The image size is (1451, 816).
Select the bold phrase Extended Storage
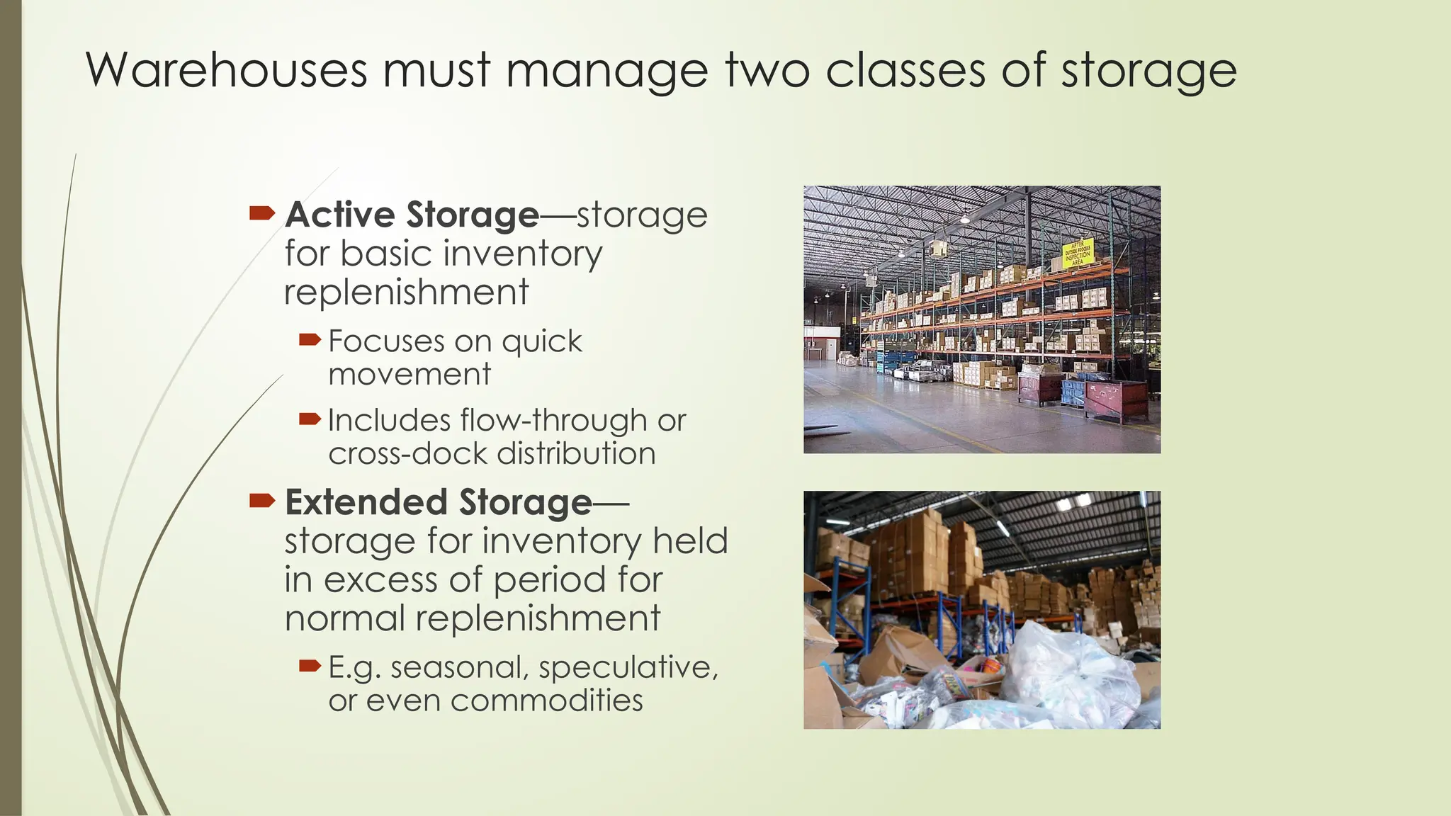click(x=439, y=502)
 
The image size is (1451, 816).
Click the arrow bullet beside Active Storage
click(x=262, y=212)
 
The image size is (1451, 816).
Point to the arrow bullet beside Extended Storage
click(x=262, y=501)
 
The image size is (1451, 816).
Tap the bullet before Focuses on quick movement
click(x=310, y=341)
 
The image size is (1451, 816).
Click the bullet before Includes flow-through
click(x=310, y=419)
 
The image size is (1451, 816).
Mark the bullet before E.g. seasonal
click(x=310, y=666)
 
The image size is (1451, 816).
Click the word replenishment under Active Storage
click(x=406, y=292)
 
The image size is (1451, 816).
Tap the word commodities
click(x=547, y=701)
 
